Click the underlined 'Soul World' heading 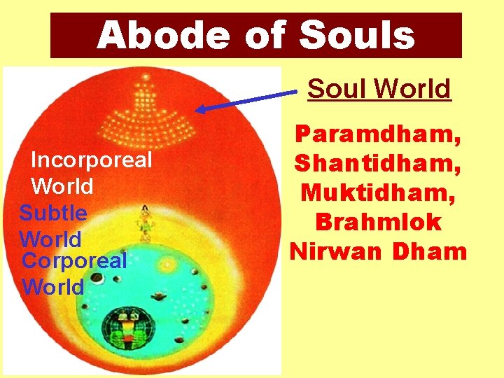(379, 89)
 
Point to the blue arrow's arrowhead (202, 109)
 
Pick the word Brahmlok (379, 222)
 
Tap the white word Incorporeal (92, 160)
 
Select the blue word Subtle (53, 213)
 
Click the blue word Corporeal (75, 261)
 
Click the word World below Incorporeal (62, 186)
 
